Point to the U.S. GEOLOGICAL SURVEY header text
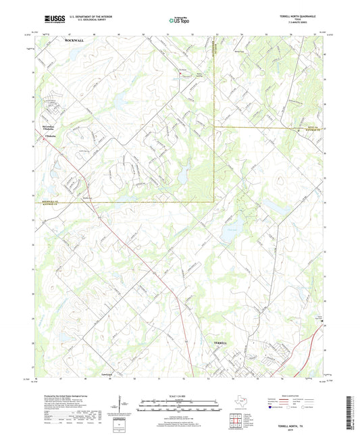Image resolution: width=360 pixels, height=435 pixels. pyautogui.click(x=84, y=21)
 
